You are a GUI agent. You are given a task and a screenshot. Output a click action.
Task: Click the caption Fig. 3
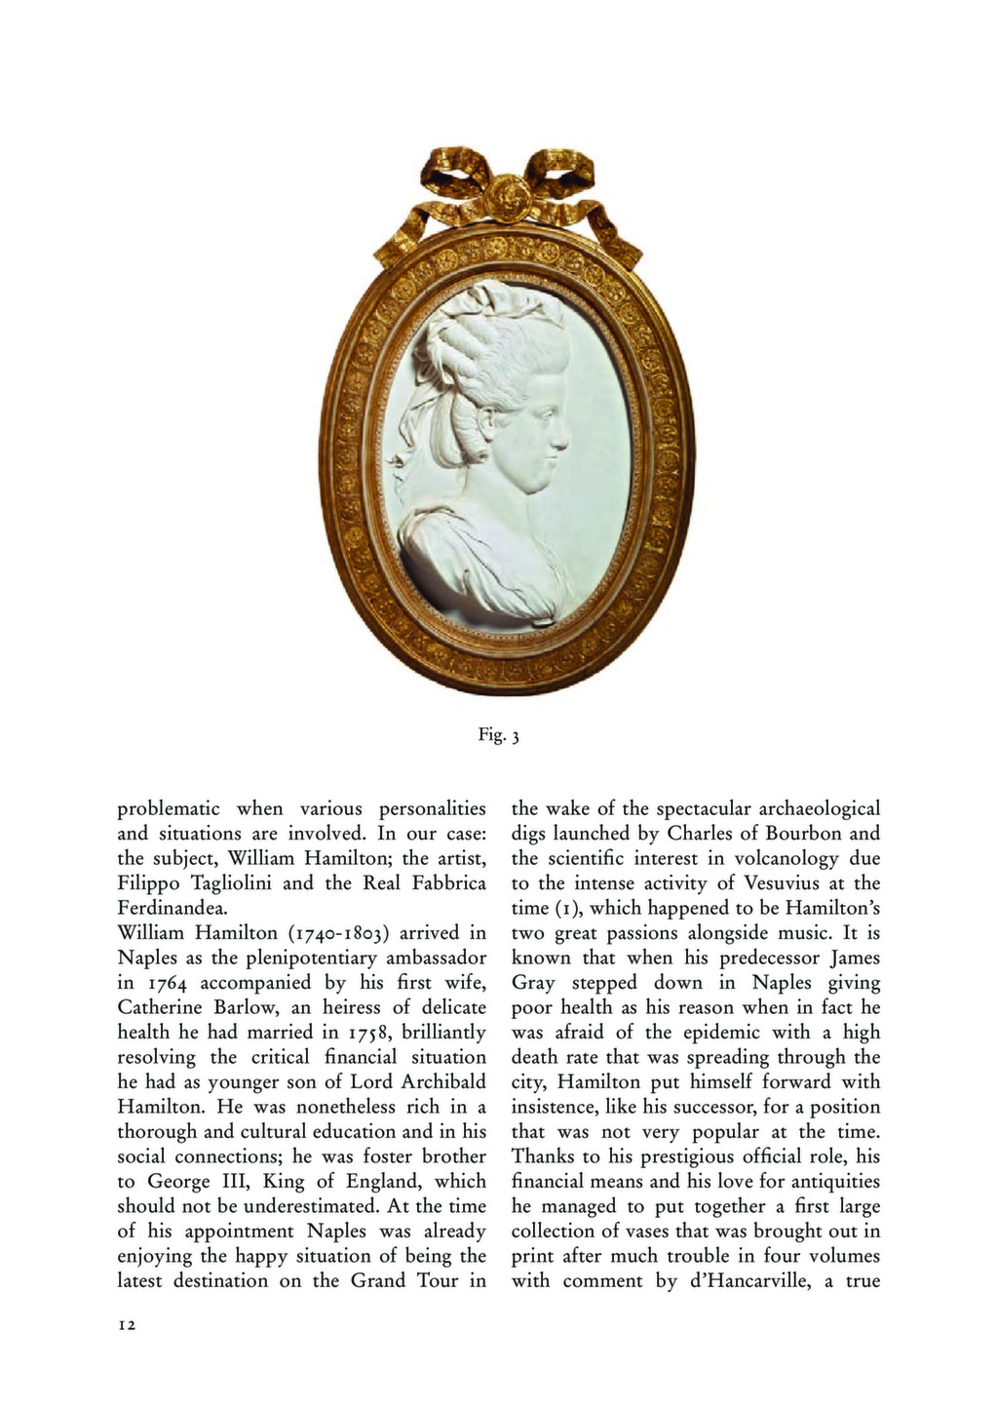click(x=498, y=735)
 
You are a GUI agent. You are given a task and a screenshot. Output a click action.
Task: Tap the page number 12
click(x=127, y=1325)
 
